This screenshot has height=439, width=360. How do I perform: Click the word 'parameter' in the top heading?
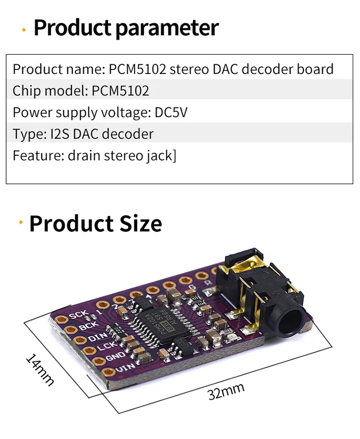pyautogui.click(x=167, y=28)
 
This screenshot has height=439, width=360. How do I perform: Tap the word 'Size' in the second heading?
pyautogui.click(x=135, y=224)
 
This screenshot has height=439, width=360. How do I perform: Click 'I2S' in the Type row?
pyautogui.click(x=60, y=134)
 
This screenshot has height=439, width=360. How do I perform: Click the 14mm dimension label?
pyautogui.click(x=40, y=370)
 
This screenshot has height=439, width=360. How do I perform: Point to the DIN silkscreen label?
pyautogui.click(x=98, y=338)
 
